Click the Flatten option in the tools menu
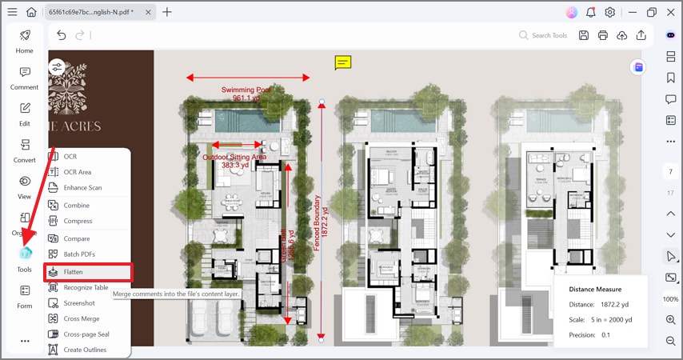[x=73, y=272]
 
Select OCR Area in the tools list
[x=77, y=172]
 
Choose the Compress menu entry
[x=78, y=221]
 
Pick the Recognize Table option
[x=86, y=287]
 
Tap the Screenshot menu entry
[x=79, y=303]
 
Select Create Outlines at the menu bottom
[x=84, y=350]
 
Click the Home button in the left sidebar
[x=25, y=41]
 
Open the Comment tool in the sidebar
[x=25, y=78]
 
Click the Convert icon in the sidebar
[x=25, y=150]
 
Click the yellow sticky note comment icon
[x=342, y=62]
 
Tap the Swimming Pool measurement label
[x=246, y=94]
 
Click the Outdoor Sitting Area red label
[x=234, y=161]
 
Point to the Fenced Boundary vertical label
[x=317, y=223]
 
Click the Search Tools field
[x=549, y=35]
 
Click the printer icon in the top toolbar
[x=602, y=35]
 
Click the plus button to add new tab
[x=167, y=12]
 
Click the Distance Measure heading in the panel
[x=595, y=289]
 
